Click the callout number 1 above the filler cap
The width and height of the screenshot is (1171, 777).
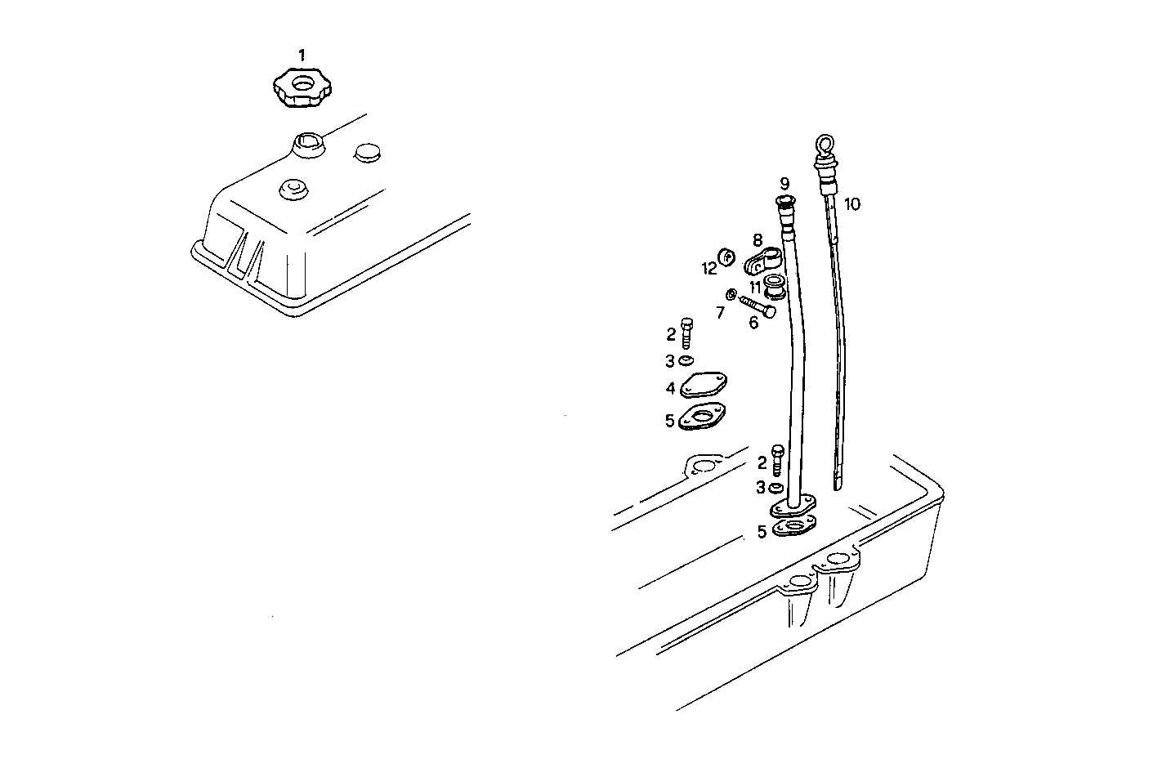302,56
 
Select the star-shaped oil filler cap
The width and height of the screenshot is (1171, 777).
300,87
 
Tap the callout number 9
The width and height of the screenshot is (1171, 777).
784,183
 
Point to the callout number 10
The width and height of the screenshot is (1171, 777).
852,204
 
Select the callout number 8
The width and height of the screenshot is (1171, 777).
758,240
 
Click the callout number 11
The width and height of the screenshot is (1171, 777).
756,288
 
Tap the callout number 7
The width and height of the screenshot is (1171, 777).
720,312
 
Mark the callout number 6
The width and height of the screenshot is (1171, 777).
753,323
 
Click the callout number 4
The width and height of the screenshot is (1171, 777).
670,388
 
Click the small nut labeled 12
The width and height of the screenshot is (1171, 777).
725,257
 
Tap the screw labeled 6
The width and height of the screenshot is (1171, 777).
758,306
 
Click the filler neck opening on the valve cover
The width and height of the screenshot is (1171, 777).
310,146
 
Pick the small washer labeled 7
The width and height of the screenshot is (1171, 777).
731,294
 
